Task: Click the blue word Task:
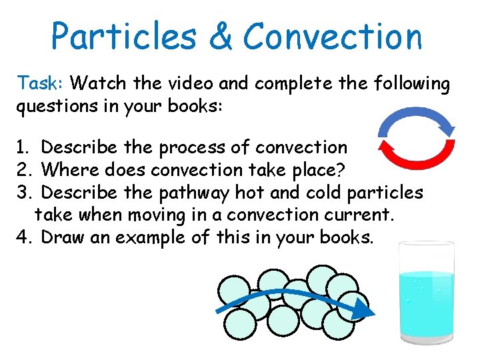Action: pyautogui.click(x=41, y=84)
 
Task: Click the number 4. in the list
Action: pyautogui.click(x=25, y=237)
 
